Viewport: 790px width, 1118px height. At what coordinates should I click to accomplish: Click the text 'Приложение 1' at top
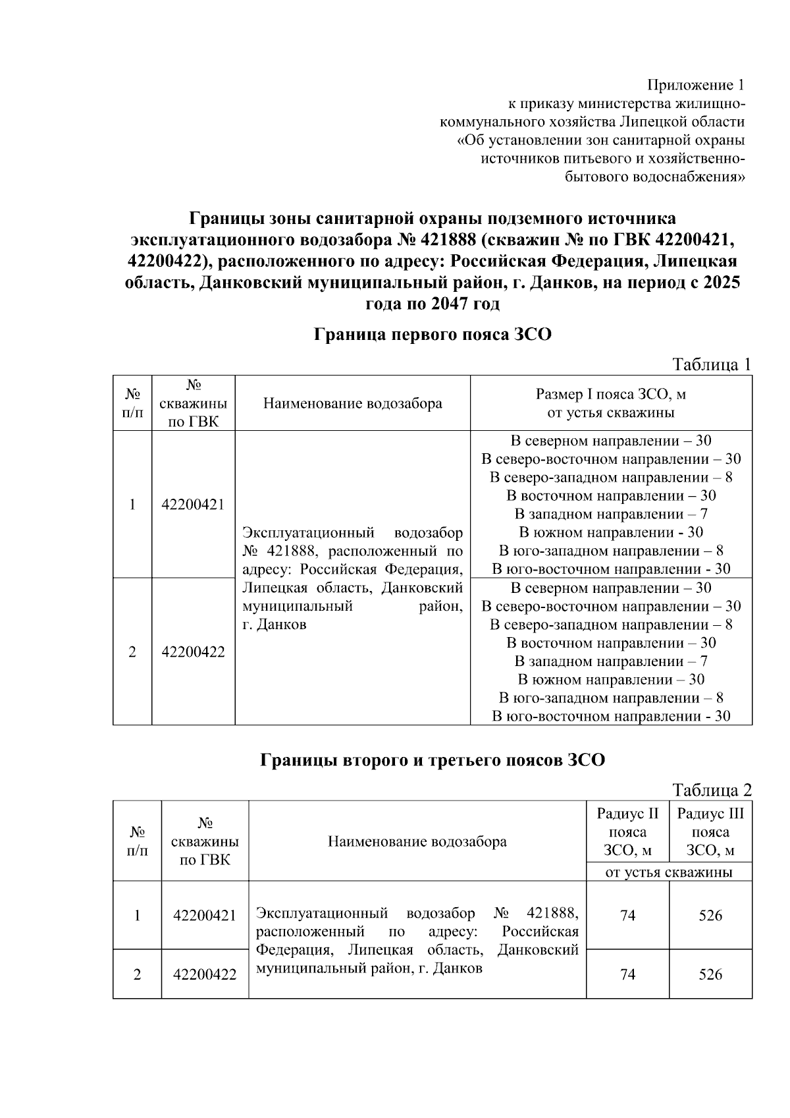pyautogui.click(x=696, y=85)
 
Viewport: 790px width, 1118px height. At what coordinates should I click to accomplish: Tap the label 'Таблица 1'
pyautogui.click(x=711, y=364)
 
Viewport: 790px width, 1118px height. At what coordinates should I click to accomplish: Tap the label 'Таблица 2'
pyautogui.click(x=711, y=790)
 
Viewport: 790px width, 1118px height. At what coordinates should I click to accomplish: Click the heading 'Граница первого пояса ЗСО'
pyautogui.click(x=432, y=335)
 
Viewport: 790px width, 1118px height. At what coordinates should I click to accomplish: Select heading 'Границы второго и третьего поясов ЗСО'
pyautogui.click(x=432, y=760)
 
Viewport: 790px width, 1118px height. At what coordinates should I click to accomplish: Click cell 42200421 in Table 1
pyautogui.click(x=193, y=505)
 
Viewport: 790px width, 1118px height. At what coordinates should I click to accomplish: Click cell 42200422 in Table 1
pyautogui.click(x=193, y=652)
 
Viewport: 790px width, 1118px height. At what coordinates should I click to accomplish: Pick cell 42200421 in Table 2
pyautogui.click(x=205, y=915)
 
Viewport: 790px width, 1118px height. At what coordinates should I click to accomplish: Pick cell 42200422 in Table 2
pyautogui.click(x=205, y=974)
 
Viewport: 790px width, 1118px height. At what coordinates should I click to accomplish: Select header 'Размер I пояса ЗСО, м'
pyautogui.click(x=610, y=395)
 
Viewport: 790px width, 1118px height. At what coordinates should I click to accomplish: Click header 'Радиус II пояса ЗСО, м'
pyautogui.click(x=627, y=832)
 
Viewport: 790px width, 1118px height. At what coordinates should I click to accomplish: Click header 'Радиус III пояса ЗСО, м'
pyautogui.click(x=710, y=832)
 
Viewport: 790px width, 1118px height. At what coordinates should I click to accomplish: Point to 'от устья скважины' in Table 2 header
pyautogui.click(x=668, y=872)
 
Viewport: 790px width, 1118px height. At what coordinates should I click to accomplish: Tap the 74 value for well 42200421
pyautogui.click(x=627, y=915)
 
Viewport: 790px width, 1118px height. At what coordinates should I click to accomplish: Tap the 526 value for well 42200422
pyautogui.click(x=710, y=974)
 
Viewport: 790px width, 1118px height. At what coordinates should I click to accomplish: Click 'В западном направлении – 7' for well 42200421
pyautogui.click(x=610, y=514)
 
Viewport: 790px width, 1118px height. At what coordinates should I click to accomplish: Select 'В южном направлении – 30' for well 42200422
pyautogui.click(x=610, y=679)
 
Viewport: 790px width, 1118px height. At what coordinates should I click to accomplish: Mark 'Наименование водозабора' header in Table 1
pyautogui.click(x=352, y=403)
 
